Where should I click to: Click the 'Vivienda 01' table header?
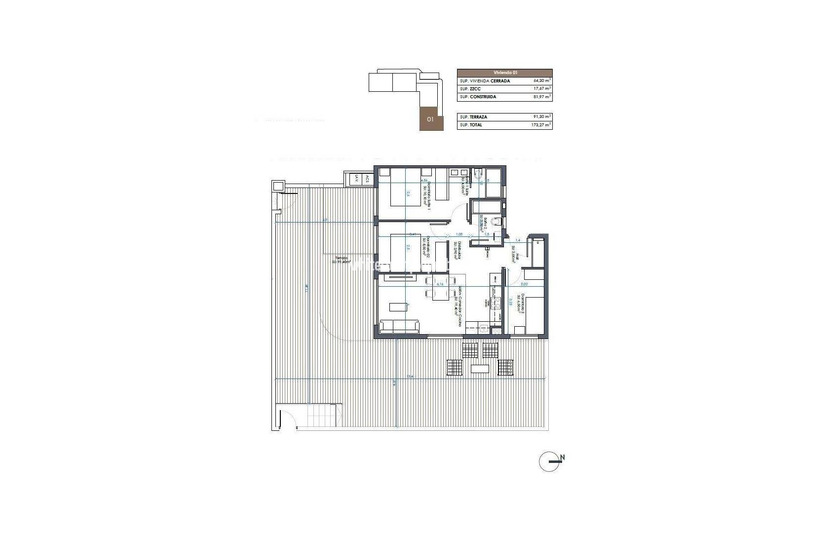(504, 73)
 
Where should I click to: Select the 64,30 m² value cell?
(542, 80)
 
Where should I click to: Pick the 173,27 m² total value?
(542, 125)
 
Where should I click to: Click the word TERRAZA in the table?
(480, 117)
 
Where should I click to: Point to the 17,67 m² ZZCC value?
(542, 89)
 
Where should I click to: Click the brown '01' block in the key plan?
(430, 119)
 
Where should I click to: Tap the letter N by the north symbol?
(562, 458)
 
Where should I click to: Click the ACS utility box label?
(367, 180)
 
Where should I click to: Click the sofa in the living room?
(400, 326)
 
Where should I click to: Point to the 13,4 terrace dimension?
(409, 377)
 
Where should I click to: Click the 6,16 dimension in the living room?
(441, 284)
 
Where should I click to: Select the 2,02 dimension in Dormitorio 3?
(524, 284)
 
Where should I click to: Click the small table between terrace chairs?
(479, 368)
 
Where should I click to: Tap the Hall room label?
(513, 255)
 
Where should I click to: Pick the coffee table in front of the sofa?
(397, 307)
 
